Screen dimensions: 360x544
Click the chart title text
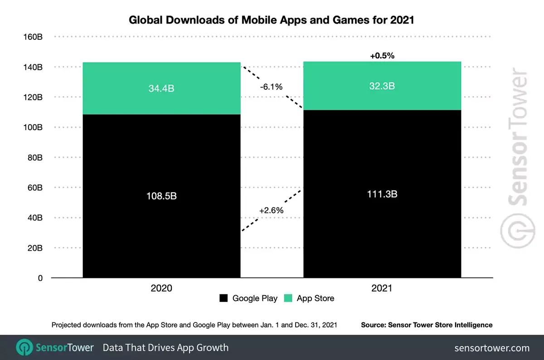(271, 20)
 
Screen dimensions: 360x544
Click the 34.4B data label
(161, 89)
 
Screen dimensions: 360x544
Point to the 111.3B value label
(382, 194)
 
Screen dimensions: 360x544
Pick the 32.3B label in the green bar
(382, 86)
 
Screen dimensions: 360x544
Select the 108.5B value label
(161, 196)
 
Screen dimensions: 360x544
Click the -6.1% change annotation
(272, 87)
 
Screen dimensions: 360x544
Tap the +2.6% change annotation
(272, 210)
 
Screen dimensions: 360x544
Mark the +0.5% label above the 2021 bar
(382, 56)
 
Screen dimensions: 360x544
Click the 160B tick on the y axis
(33, 37)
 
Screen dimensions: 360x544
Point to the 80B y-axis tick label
(34, 158)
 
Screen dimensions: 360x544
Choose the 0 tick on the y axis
(40, 278)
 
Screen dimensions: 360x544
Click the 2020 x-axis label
(161, 288)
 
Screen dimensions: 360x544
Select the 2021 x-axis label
(382, 288)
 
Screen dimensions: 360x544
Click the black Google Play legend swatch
(223, 298)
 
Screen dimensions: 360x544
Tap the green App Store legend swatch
(288, 298)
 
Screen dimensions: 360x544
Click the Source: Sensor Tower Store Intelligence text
(427, 325)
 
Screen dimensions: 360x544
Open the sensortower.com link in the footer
(492, 348)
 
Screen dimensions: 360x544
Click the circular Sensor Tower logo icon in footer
(24, 348)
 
